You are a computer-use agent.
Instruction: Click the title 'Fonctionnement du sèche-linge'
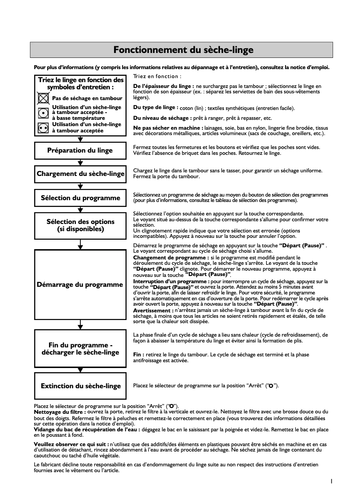(x=183, y=49)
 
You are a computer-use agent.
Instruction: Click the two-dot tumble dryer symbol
(x=43, y=127)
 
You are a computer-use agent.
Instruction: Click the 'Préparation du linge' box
(x=80, y=150)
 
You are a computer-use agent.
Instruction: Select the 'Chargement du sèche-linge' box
(x=80, y=174)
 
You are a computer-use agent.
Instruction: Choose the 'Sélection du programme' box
(x=80, y=197)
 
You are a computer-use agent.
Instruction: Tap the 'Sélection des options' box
(x=80, y=225)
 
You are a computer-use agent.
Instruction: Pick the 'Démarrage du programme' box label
(x=80, y=284)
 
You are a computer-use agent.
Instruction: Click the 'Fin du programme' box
(x=80, y=348)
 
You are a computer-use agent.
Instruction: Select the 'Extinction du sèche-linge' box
(x=80, y=386)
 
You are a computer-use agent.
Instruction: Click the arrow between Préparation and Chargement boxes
(x=80, y=162)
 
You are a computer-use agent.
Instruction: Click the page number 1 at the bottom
(x=331, y=481)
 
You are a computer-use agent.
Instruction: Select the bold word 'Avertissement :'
(x=153, y=310)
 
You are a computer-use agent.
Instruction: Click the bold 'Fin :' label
(x=139, y=355)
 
